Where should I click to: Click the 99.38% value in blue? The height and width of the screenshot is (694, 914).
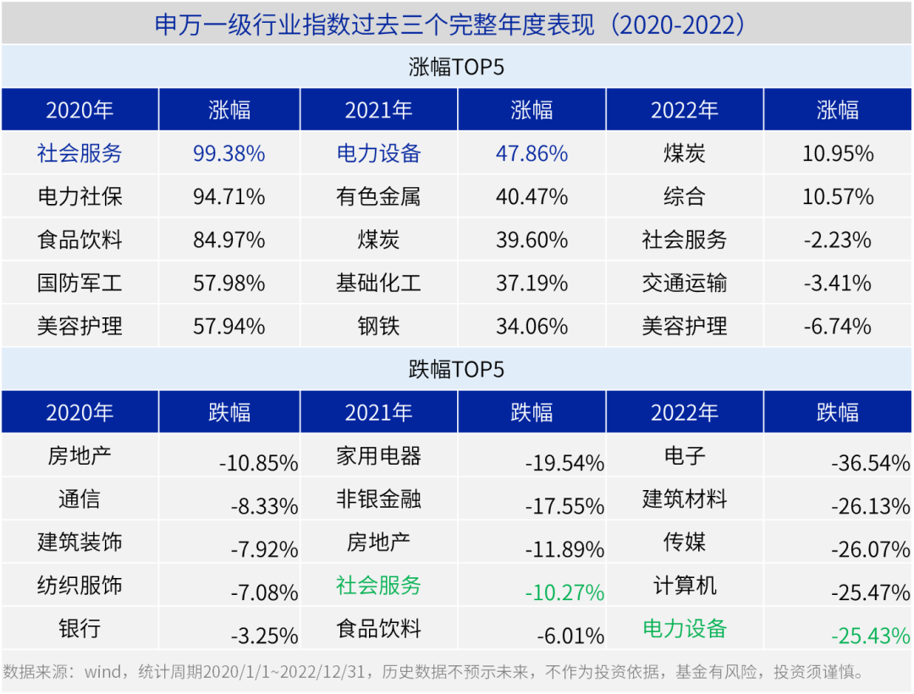coord(228,153)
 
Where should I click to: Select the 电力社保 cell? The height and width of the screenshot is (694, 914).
coord(80,197)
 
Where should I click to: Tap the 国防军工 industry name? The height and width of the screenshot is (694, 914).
coord(80,283)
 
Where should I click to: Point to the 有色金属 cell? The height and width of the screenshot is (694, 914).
coord(378,197)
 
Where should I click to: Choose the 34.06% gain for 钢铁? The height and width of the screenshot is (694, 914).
coord(531,326)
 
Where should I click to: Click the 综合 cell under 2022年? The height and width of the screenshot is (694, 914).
coord(684,197)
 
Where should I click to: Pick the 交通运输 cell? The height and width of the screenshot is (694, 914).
coord(684,283)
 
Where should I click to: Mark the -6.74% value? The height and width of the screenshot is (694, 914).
coord(837,326)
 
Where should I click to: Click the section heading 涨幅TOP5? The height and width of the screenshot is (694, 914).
coord(456,67)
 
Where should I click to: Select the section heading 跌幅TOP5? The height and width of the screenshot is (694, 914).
coord(456,369)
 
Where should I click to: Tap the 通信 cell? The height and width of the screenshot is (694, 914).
coord(80,498)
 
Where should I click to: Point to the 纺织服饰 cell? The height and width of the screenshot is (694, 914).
coord(80,585)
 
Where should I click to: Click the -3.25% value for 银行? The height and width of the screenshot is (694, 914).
coord(264,636)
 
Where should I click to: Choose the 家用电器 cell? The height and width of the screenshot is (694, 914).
coord(378,456)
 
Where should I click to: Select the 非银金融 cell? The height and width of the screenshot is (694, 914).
coord(378,498)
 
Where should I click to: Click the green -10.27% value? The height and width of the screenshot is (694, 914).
coord(564,592)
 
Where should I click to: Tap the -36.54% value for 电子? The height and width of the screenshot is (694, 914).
coord(870,463)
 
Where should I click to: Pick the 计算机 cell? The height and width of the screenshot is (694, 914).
coord(684,585)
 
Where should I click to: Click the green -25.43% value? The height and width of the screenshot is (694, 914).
coord(870,636)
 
